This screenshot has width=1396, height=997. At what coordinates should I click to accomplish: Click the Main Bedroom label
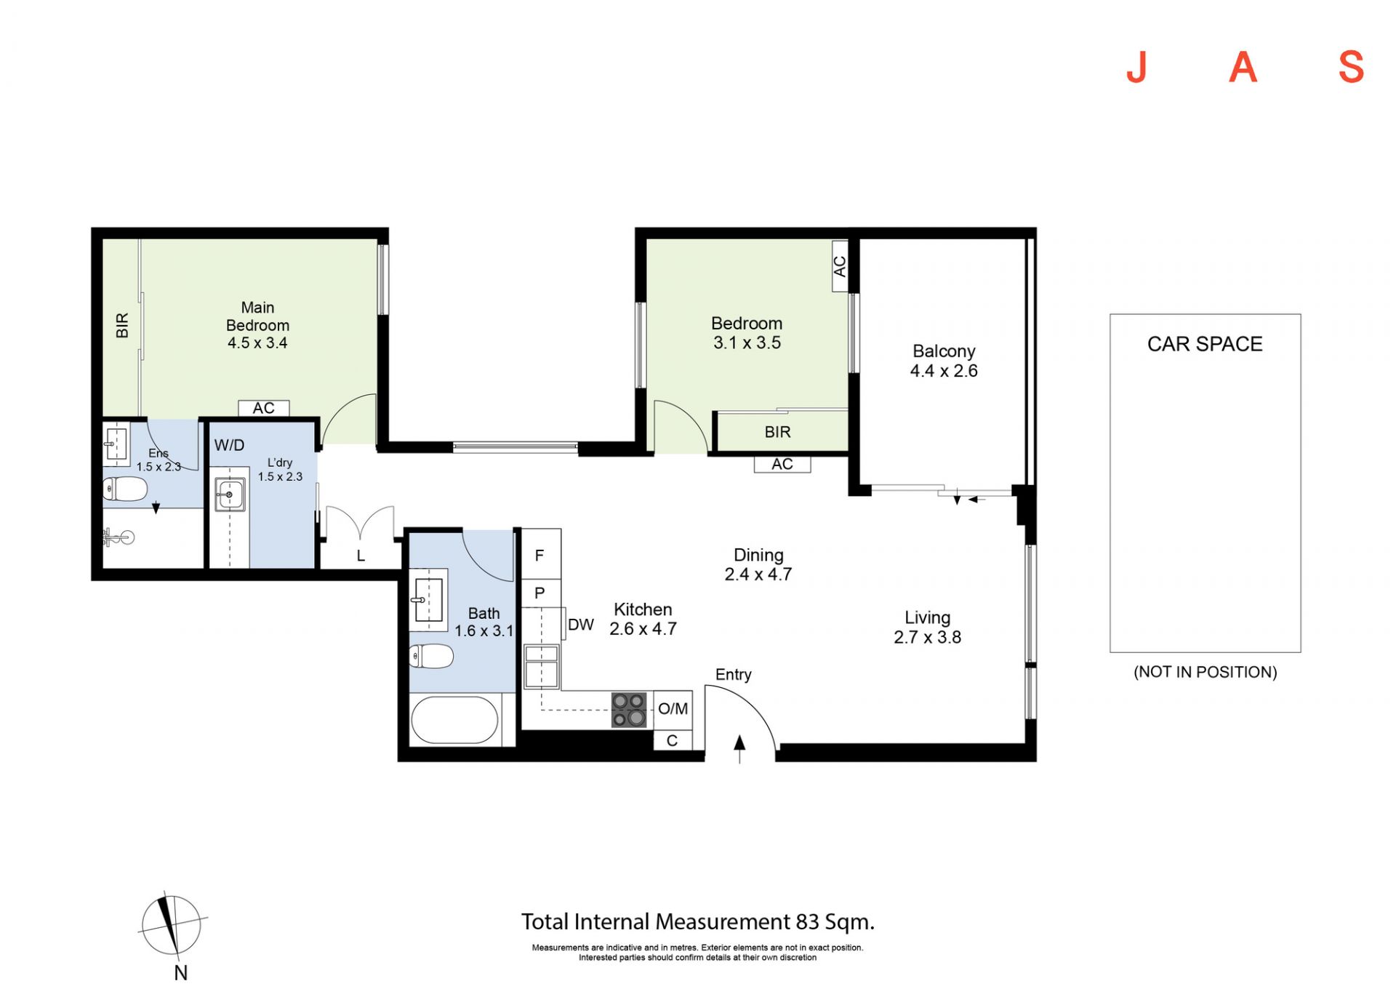click(257, 325)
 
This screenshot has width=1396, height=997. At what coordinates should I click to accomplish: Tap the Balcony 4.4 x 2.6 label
click(944, 361)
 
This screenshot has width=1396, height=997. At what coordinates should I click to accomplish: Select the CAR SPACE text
click(1205, 344)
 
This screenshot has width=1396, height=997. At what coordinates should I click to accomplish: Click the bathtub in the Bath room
click(455, 720)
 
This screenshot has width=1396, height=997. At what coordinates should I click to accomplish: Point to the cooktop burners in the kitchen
click(629, 710)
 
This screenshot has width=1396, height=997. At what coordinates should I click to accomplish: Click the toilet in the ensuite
click(125, 489)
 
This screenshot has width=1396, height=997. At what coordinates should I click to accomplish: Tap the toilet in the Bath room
click(431, 656)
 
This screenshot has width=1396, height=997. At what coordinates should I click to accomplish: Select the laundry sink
click(230, 495)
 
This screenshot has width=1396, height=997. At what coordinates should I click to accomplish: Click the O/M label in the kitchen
click(673, 708)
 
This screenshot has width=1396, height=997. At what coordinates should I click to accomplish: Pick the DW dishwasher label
click(581, 625)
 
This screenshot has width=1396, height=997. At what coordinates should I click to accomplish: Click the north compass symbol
click(172, 925)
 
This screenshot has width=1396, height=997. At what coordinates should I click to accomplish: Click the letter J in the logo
click(1137, 68)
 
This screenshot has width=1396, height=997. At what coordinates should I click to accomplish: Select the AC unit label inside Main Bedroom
click(264, 408)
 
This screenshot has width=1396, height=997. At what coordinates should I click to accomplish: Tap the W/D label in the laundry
click(229, 445)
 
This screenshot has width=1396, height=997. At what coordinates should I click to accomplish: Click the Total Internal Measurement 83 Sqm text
click(698, 922)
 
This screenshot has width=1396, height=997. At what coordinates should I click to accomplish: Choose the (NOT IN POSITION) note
click(1206, 672)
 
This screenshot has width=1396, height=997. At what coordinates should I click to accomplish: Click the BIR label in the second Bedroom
click(777, 432)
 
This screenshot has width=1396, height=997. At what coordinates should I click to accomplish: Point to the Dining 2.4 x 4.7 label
click(758, 564)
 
